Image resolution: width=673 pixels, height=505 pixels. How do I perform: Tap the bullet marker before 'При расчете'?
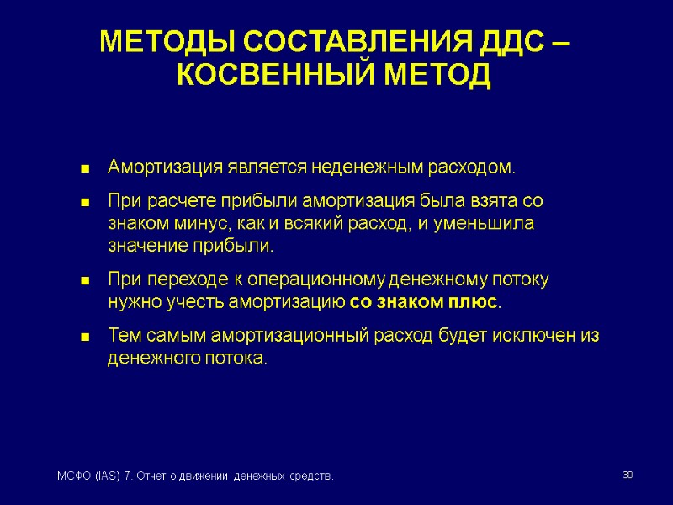click(x=84, y=204)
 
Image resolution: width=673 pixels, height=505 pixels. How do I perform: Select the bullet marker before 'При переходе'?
click(x=84, y=280)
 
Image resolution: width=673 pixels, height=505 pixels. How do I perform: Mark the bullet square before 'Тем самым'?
click(x=84, y=337)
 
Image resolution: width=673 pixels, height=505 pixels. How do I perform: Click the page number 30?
click(x=627, y=476)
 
